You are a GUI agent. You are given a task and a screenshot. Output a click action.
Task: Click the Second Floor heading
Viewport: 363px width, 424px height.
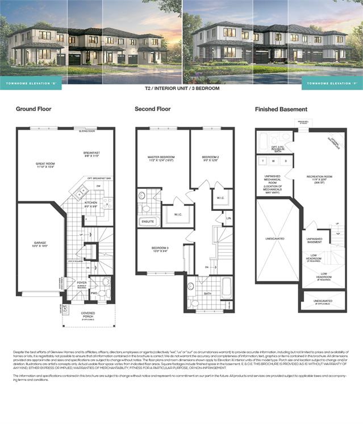point(153,109)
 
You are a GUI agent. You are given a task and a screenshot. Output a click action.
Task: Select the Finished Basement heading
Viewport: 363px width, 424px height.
point(281,109)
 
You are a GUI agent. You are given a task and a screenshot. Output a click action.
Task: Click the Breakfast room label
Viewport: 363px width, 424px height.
point(91,154)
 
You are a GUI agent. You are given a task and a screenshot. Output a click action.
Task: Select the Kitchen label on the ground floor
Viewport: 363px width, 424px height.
point(91,203)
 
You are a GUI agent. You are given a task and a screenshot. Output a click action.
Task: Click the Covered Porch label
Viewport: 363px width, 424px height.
point(88,315)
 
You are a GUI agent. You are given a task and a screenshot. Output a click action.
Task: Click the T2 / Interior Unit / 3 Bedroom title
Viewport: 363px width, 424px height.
point(182,89)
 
